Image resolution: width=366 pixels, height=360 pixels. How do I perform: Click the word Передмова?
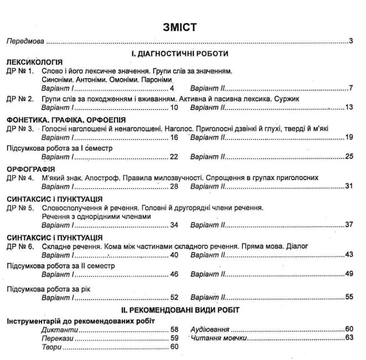coord(25,42)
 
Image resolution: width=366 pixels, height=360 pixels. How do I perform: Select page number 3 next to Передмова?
coord(351,42)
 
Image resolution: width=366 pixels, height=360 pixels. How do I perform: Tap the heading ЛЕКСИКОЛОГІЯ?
coord(34,62)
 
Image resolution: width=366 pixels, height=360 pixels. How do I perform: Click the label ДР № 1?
coord(20,71)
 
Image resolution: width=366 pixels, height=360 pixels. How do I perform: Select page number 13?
coord(348,107)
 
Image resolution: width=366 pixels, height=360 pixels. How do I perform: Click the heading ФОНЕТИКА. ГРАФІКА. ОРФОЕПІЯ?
coord(66,120)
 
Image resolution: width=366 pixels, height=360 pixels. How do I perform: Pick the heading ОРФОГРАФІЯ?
coord(30,169)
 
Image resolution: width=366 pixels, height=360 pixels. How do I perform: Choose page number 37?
coord(348,225)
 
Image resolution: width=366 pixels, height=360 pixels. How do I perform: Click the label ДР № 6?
coord(20,246)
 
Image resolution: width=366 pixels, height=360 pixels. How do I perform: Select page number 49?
coord(348,274)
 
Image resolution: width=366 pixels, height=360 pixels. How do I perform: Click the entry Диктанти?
coord(58,329)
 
